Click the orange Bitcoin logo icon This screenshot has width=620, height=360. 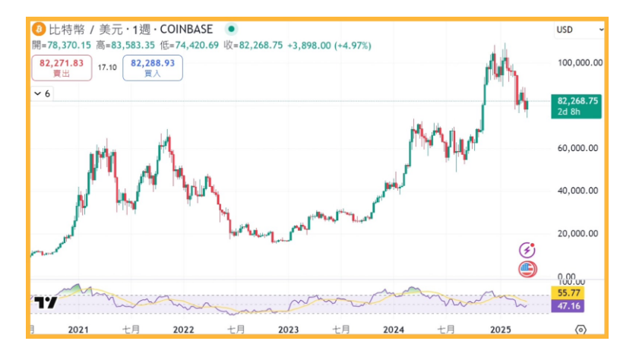[x=39, y=29]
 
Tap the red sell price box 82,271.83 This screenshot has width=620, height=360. [x=62, y=68]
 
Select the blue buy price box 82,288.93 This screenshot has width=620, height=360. [x=153, y=68]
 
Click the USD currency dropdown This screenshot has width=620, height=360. [x=579, y=30]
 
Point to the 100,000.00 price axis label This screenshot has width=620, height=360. [x=580, y=62]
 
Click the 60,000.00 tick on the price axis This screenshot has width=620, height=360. [x=577, y=148]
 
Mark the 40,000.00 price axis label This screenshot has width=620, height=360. [x=577, y=191]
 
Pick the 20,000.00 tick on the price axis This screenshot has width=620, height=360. [x=577, y=234]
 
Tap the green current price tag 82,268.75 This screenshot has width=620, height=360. [x=576, y=106]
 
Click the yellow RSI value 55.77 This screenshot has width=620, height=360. [x=568, y=293]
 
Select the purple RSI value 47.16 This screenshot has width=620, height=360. [x=568, y=306]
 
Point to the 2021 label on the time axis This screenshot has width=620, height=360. [x=78, y=330]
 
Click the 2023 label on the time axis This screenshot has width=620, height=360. [x=288, y=330]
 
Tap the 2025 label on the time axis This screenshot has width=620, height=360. [x=501, y=330]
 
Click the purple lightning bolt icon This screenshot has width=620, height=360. [x=527, y=250]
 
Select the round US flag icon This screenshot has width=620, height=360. [x=527, y=270]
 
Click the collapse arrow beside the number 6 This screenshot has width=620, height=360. [x=37, y=93]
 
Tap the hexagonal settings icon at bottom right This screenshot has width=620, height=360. [x=580, y=330]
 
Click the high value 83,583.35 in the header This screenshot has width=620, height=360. [x=133, y=46]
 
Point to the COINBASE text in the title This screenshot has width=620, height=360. [x=186, y=30]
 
